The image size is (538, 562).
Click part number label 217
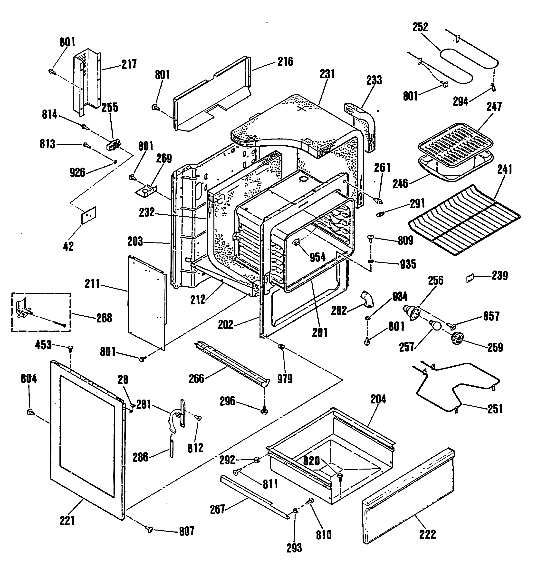click(129, 64)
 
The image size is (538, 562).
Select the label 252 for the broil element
click(420, 27)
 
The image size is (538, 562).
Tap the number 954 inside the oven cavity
click(317, 257)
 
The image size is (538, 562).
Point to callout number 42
click(68, 246)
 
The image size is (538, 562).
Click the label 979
click(285, 379)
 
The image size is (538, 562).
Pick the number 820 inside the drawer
click(311, 461)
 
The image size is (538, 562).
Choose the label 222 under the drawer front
click(427, 534)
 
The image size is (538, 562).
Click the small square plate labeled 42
click(89, 215)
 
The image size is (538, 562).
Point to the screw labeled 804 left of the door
click(30, 412)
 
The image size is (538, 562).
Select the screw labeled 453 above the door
click(70, 349)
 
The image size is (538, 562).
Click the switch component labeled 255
click(114, 144)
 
